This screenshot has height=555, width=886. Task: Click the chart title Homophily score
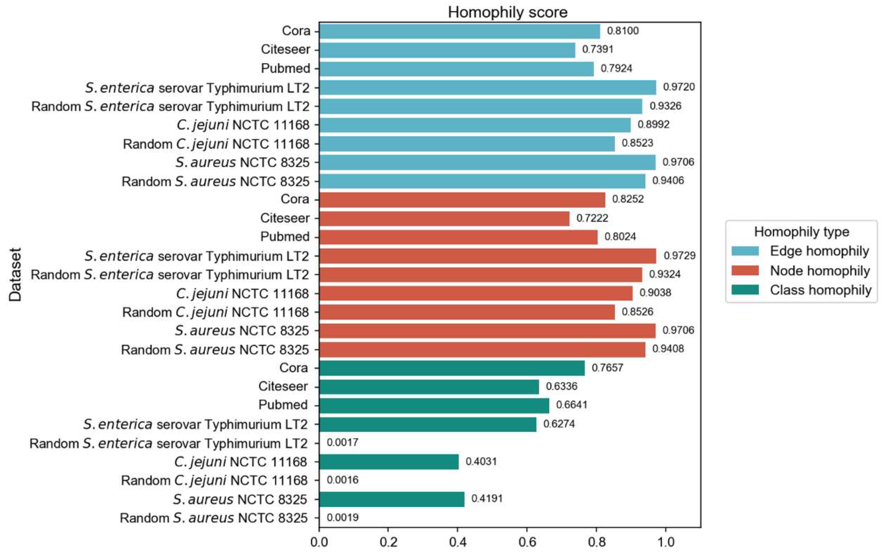[x=508, y=12]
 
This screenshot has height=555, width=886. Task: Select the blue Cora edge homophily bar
[x=459, y=31]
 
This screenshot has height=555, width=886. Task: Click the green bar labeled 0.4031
[x=389, y=461]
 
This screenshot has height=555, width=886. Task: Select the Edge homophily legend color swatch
[x=745, y=251]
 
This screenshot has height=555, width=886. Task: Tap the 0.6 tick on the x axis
[x=527, y=542]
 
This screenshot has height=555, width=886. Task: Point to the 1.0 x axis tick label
[x=665, y=542]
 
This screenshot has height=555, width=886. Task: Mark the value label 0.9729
[x=679, y=255]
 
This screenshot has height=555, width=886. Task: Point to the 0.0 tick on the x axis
[x=319, y=542]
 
